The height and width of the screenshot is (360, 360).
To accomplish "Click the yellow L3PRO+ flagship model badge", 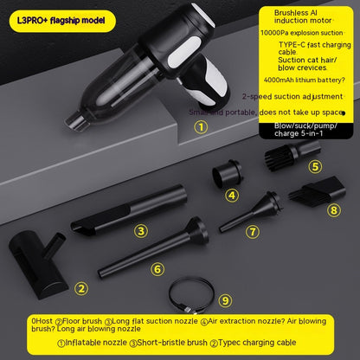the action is (62, 21).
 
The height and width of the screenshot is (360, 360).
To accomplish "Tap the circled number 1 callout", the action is (201, 127).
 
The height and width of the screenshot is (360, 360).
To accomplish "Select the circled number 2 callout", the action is (81, 288).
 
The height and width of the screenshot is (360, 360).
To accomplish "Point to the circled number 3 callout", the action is (141, 231).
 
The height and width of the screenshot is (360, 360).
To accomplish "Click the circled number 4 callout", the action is (232, 196).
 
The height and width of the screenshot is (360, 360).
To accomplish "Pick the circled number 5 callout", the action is (315, 166).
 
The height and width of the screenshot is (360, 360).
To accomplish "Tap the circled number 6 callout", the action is (157, 269).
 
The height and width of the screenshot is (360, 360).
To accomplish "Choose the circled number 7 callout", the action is (253, 232).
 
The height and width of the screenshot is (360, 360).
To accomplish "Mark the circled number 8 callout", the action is (334, 210).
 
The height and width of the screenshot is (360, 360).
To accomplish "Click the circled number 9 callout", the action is (225, 300).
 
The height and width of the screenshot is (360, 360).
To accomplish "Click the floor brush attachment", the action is (37, 264).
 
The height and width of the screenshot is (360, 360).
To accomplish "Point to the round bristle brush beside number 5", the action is (292, 155).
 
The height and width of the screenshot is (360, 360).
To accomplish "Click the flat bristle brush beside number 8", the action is (318, 190).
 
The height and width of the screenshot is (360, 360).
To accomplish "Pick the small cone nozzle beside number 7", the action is (250, 211).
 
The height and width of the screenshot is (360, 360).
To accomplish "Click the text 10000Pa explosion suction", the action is (301, 33).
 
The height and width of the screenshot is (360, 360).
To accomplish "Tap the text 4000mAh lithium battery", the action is (305, 80).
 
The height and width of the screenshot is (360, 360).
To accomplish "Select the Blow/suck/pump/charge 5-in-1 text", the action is (305, 130).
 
